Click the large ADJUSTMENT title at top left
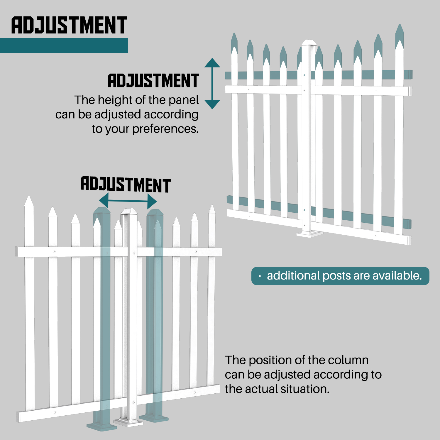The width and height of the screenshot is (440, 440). [x=69, y=25]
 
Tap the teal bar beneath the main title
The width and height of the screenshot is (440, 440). [x=64, y=45]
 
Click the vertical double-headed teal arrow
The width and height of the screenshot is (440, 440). [x=212, y=84]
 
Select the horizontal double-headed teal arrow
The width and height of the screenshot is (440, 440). [x=128, y=201]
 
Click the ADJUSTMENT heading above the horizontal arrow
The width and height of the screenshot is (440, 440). [x=126, y=185]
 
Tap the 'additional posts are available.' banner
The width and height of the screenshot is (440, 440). [x=340, y=276]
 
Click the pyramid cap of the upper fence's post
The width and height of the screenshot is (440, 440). [x=309, y=43]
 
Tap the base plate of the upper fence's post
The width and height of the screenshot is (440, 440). [x=309, y=234]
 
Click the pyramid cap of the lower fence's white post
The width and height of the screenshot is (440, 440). [x=129, y=211]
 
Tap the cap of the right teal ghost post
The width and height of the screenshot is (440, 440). [x=155, y=212]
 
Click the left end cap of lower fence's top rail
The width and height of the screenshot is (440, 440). [x=17, y=252]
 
